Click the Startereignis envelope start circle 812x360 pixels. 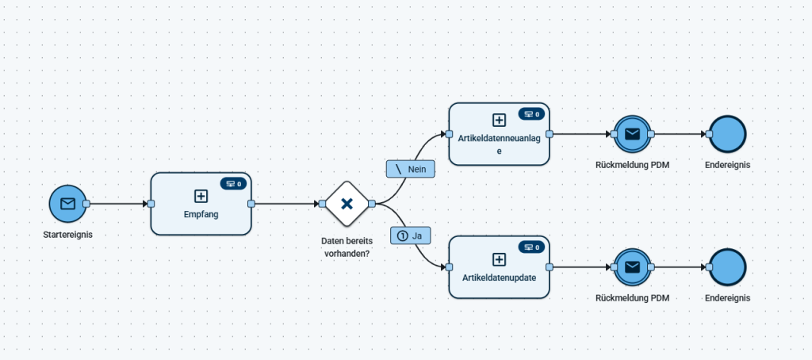pyautogui.click(x=68, y=204)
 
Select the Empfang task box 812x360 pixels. pyautogui.click(x=201, y=204)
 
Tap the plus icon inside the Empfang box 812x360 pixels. pyautogui.click(x=201, y=196)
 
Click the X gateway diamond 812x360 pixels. pyautogui.click(x=347, y=204)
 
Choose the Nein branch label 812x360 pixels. pyautogui.click(x=411, y=169)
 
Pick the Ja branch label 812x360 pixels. pyautogui.click(x=411, y=236)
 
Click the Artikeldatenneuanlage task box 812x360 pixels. pyautogui.click(x=499, y=134)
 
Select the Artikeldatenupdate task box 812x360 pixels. pyautogui.click(x=499, y=267)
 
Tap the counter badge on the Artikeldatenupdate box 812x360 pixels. pyautogui.click(x=532, y=247)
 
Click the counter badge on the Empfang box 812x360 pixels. pyautogui.click(x=234, y=183)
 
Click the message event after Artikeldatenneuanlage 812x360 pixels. pyautogui.click(x=632, y=134)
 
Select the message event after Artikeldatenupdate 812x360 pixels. pyautogui.click(x=632, y=267)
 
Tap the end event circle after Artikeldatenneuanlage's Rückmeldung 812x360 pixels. pyautogui.click(x=728, y=134)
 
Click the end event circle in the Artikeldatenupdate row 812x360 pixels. pyautogui.click(x=728, y=267)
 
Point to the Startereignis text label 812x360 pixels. pyautogui.click(x=68, y=235)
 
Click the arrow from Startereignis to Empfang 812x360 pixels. pyautogui.click(x=119, y=204)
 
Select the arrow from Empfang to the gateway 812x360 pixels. pyautogui.click(x=287, y=204)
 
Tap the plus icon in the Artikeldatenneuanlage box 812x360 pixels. pyautogui.click(x=499, y=121)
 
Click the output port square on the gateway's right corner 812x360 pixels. pyautogui.click(x=372, y=204)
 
